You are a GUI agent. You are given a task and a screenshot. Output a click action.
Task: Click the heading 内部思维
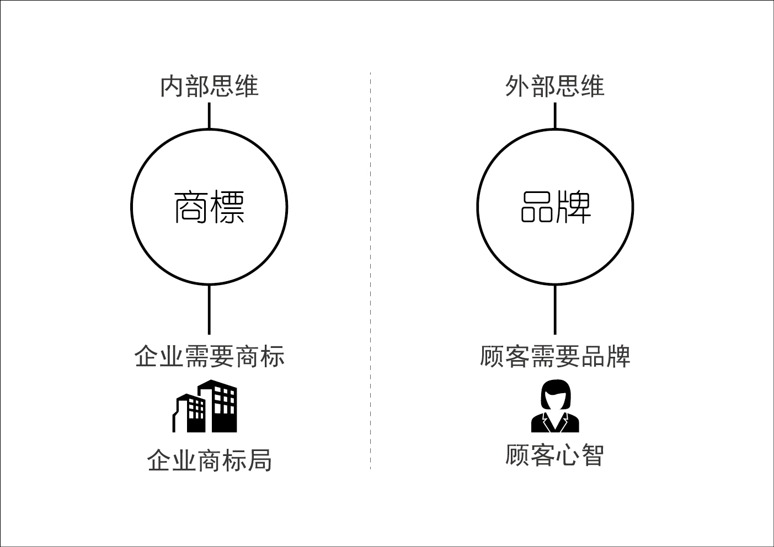click(209, 87)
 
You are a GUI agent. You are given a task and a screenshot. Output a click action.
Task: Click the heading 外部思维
click(555, 87)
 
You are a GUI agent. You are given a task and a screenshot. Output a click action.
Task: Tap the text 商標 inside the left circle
click(209, 207)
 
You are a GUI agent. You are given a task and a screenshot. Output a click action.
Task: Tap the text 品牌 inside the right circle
click(555, 207)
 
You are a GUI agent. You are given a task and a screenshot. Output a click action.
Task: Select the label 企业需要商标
click(209, 356)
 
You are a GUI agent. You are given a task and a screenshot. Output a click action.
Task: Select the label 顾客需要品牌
click(555, 356)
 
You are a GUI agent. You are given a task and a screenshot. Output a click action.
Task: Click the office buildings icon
click(205, 406)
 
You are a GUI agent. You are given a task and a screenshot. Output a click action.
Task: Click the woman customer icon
click(555, 406)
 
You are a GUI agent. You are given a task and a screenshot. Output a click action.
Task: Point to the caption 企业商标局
click(209, 460)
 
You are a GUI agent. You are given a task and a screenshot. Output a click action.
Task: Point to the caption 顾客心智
click(555, 455)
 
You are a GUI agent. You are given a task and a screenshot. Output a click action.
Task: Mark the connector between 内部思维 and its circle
click(209, 115)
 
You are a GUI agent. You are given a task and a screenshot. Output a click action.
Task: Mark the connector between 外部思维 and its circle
click(555, 115)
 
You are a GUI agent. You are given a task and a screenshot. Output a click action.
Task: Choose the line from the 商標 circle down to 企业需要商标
click(209, 309)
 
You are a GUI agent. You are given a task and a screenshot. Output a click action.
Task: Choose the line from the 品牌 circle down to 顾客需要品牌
click(555, 309)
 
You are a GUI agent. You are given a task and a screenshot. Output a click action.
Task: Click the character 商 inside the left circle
click(191, 207)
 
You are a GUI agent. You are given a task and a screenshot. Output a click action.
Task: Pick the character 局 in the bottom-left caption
click(259, 460)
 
